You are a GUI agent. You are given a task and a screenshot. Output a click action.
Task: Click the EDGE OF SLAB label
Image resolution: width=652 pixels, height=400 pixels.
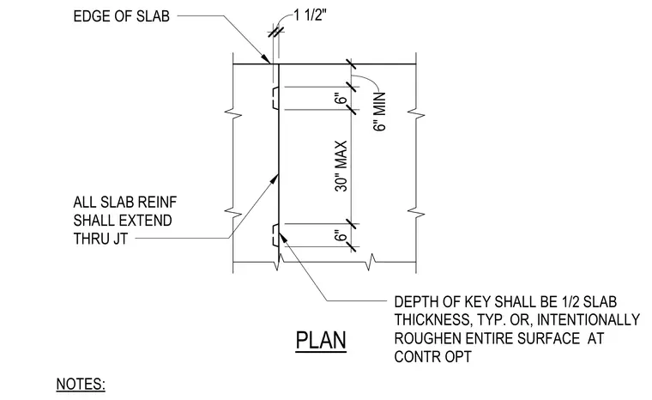point(122,16)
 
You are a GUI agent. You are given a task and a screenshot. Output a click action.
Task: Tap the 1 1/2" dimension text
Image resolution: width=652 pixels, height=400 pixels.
point(311,15)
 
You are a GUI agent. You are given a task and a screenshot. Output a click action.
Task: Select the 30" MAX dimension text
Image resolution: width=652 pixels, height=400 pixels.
point(341,166)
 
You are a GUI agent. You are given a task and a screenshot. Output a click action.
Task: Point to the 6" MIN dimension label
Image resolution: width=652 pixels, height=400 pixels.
point(380,112)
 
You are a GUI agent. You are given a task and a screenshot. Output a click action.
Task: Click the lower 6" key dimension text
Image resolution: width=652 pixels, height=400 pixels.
point(341,235)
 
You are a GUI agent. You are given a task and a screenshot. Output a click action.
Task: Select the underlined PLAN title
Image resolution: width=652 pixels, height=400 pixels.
point(321,341)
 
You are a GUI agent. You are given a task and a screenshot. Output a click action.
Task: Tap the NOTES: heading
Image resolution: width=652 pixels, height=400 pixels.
point(81,384)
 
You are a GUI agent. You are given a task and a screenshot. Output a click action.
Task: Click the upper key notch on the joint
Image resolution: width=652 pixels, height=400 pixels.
point(275,98)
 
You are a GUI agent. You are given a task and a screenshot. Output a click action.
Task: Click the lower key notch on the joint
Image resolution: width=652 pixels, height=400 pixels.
point(275,235)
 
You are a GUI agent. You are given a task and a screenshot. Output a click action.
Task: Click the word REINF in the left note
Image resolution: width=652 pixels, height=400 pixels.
point(157,203)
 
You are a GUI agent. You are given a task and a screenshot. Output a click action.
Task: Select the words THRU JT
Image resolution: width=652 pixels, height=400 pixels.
point(100,239)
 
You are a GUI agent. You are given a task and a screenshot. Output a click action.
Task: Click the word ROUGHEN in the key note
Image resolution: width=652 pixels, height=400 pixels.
point(427,338)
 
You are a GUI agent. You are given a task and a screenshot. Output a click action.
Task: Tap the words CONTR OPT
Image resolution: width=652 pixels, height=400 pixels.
point(433,357)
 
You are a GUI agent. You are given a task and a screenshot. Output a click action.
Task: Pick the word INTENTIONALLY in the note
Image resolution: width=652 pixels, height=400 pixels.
point(589,319)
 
